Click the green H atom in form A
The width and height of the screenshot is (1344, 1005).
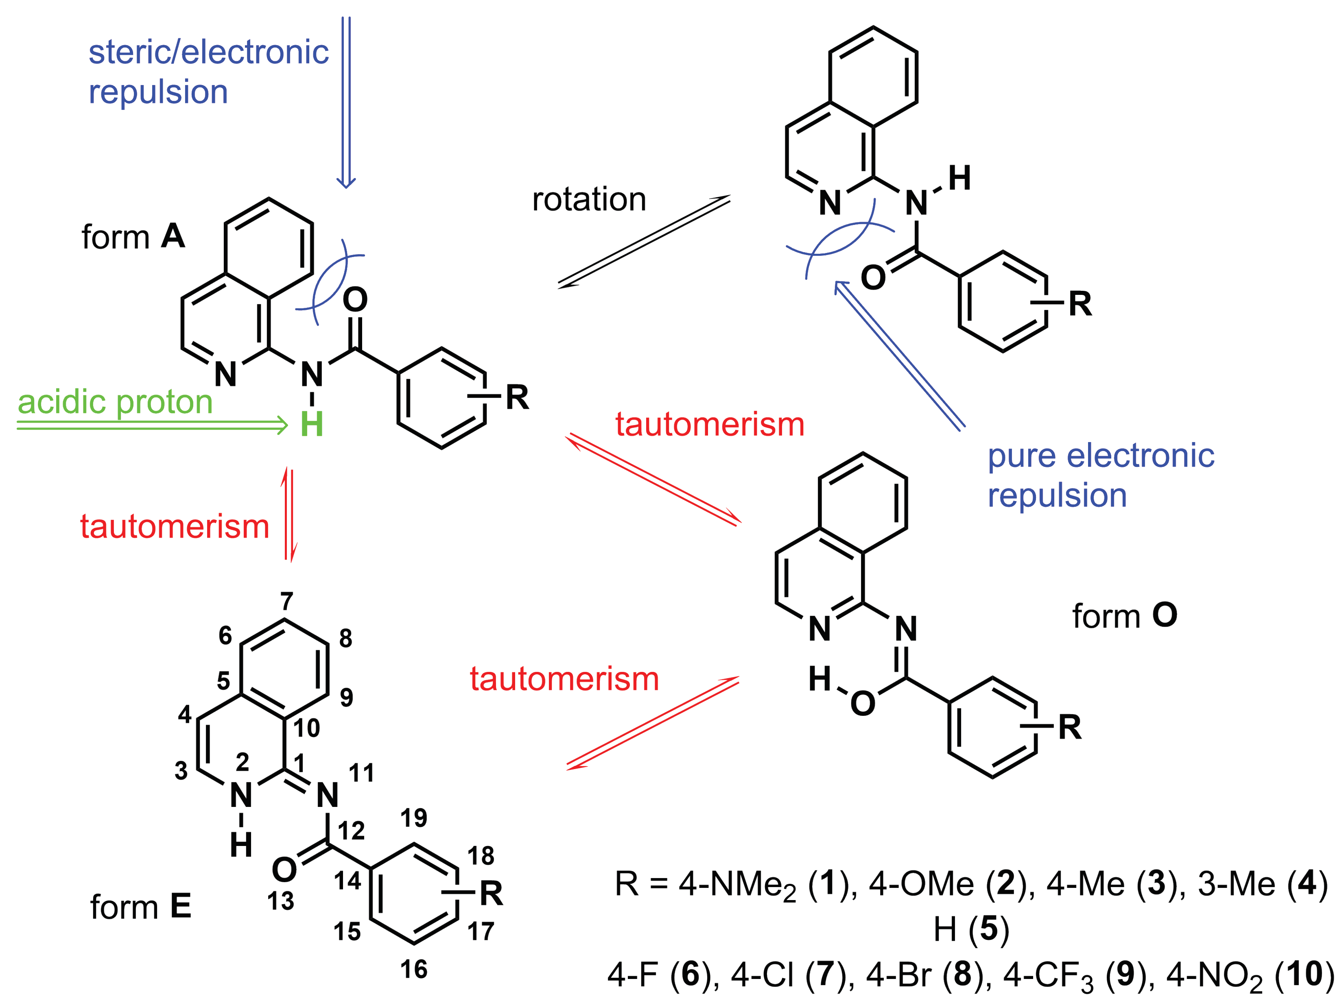(x=312, y=425)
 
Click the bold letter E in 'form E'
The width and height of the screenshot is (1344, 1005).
(x=180, y=906)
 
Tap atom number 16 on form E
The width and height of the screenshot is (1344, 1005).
(x=414, y=970)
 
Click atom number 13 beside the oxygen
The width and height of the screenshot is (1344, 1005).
(x=281, y=901)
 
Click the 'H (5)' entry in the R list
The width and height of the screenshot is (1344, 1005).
(x=971, y=929)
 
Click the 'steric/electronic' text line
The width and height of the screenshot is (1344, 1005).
(x=208, y=52)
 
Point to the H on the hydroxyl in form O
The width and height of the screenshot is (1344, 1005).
(x=820, y=679)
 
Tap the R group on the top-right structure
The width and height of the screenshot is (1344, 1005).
(x=1080, y=304)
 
